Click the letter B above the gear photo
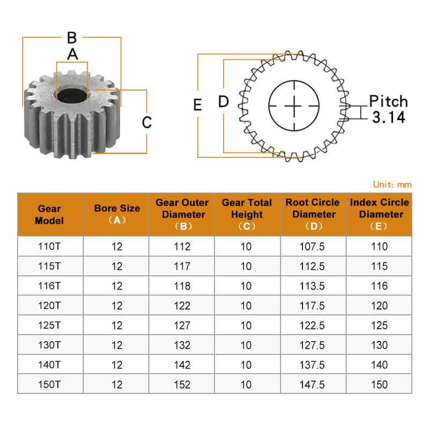72,38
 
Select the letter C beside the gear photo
147,122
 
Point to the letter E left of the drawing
197,105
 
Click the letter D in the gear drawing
223,101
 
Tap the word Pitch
388,101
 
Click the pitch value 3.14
388,117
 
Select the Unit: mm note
392,184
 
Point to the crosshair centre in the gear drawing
294,106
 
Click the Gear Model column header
50,214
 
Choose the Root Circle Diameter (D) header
313,214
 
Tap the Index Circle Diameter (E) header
379,214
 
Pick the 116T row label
50,286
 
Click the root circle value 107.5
313,247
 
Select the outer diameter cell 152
182,384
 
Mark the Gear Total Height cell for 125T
246,326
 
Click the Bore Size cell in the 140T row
117,365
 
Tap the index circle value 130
379,345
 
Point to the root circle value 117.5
313,306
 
